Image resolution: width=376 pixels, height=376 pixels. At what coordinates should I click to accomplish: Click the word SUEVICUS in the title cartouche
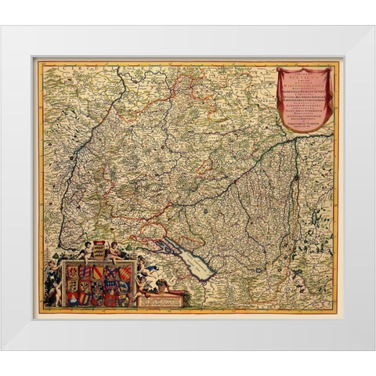point(306,77)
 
